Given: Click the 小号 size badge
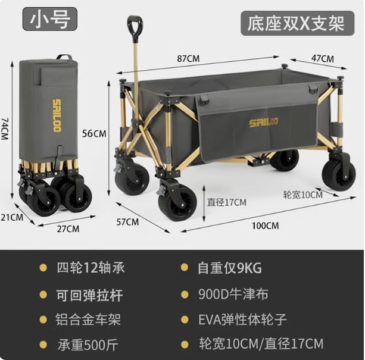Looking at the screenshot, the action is [x=50, y=19].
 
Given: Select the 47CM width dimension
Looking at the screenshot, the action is [x=322, y=58].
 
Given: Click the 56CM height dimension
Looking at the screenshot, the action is [x=94, y=133].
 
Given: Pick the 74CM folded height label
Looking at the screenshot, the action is [x=5, y=128].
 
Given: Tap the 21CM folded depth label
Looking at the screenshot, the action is [x=11, y=217].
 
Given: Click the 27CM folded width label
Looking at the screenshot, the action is [x=68, y=228].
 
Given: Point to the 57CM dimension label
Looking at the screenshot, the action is [x=127, y=222].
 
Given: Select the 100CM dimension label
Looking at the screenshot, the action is [x=265, y=226].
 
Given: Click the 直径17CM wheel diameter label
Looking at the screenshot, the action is [x=227, y=202].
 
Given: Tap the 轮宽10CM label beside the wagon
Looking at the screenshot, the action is [x=302, y=195].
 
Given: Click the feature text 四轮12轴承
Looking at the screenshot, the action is [x=90, y=267].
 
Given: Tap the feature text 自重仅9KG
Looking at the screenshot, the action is [x=229, y=267].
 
